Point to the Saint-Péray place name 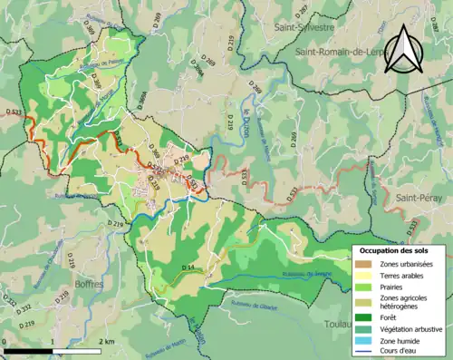point(416,197)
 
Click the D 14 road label point(188,267)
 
